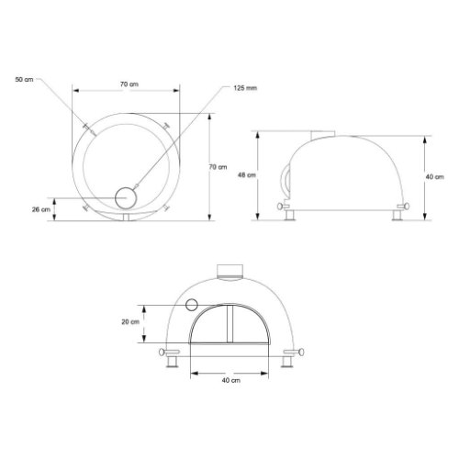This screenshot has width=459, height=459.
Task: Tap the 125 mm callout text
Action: (245, 88)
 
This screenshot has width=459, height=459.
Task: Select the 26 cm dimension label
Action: (40, 209)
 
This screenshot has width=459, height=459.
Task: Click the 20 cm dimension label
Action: (129, 322)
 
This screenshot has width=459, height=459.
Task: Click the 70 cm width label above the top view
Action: (129, 84)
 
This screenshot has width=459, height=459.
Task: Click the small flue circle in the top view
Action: (126, 195)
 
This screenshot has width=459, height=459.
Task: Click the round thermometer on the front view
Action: (192, 304)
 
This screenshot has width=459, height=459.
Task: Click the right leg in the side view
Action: (398, 216)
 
